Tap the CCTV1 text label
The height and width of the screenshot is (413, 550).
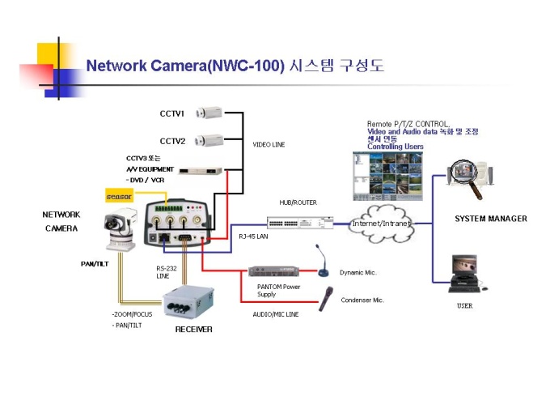(171, 113)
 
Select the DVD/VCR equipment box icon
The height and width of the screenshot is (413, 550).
(195, 171)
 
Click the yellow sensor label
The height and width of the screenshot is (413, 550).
(120, 196)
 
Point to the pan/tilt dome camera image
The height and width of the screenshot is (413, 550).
(120, 226)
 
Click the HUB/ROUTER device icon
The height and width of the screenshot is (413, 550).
(300, 221)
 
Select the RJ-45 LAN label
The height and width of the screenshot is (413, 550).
(253, 237)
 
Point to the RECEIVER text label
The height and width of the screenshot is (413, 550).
(194, 330)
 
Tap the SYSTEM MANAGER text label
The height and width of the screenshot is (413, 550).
(490, 219)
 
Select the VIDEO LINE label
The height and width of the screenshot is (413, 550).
(269, 145)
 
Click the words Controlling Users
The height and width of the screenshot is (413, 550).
(396, 147)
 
